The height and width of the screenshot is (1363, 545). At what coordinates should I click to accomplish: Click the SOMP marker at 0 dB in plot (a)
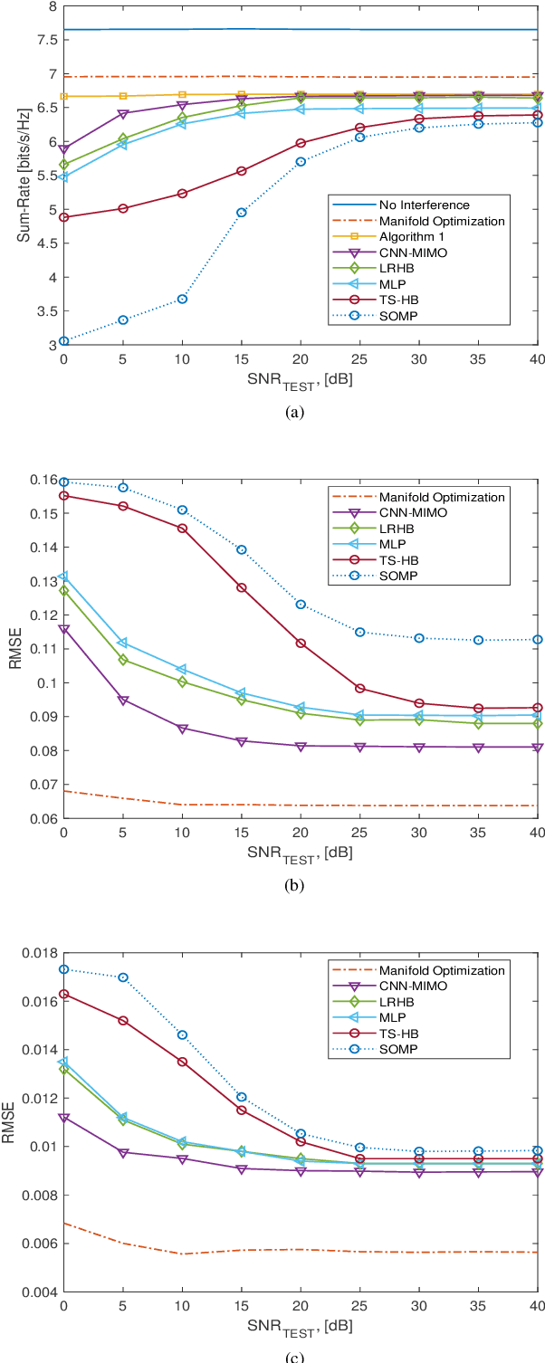point(63,341)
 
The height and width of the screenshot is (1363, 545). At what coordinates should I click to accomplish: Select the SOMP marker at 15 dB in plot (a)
point(242,213)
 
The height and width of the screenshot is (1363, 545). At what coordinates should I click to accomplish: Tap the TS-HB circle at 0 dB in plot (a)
point(63,217)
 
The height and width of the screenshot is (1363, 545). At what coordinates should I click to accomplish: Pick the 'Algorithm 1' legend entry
point(408,237)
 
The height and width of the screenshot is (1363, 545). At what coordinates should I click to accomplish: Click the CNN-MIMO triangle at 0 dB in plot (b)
point(63,629)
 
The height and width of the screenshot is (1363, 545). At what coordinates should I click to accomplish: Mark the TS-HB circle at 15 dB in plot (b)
point(242,587)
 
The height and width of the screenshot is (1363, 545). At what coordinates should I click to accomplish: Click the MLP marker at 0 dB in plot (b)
point(63,577)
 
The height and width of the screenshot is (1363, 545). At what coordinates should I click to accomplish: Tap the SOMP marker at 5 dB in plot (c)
point(123,977)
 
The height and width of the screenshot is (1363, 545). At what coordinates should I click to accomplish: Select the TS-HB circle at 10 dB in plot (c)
point(182,1062)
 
